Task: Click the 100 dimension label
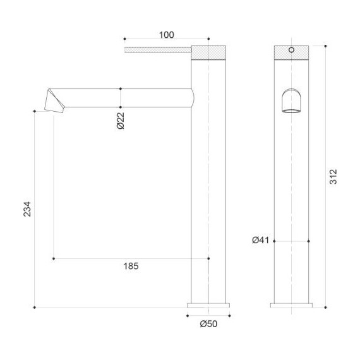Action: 167,35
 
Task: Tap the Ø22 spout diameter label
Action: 120,121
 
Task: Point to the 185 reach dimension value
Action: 131,266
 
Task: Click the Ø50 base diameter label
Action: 208,324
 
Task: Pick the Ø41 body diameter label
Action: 261,240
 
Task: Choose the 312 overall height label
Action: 334,177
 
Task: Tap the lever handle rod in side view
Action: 158,50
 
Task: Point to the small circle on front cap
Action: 291,49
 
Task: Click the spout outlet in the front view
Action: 291,102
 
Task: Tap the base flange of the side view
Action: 209,305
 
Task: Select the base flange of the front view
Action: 291,305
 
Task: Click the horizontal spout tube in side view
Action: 126,98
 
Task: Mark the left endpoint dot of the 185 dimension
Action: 54,258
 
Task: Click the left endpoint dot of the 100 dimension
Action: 125,39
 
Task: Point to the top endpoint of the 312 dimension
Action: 325,45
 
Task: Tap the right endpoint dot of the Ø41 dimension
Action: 308,241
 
